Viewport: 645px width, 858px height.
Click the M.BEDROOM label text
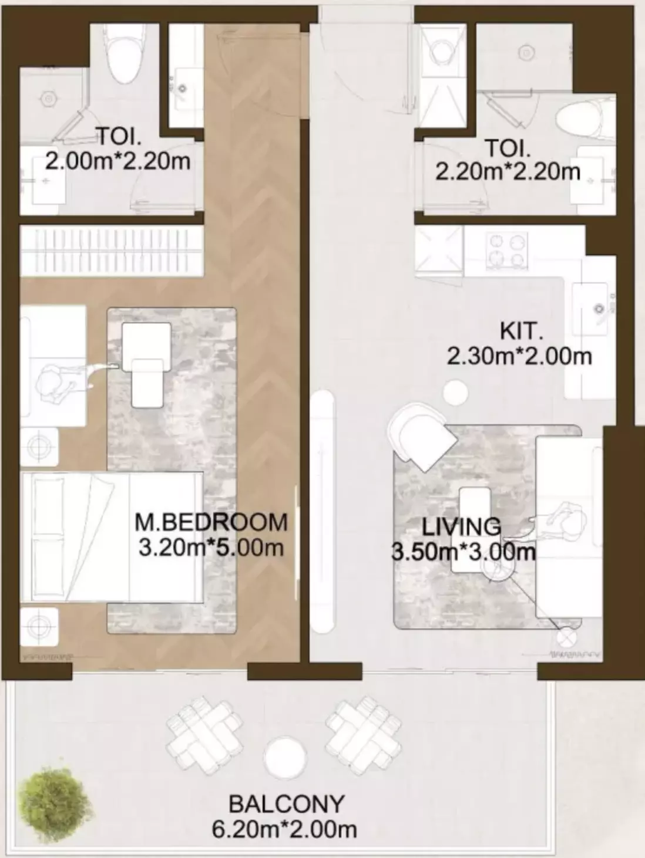tap(211, 522)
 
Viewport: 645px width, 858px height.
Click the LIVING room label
tap(462, 526)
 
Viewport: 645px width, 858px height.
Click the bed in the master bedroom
tap(112, 536)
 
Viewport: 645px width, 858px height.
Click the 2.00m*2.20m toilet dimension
tap(117, 160)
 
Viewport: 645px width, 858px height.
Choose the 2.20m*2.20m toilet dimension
tap(508, 171)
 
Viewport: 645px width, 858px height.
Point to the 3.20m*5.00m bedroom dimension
tap(211, 548)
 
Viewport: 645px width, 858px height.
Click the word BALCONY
tap(286, 803)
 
